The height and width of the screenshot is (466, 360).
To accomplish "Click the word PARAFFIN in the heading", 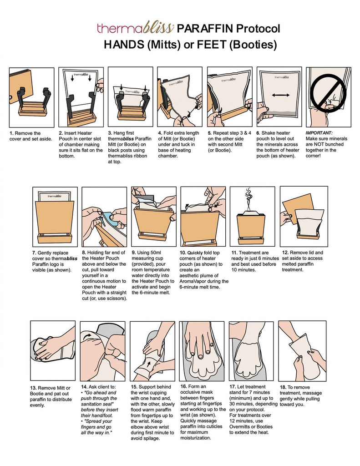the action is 205,29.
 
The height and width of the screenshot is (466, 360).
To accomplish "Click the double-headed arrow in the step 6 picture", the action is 281,95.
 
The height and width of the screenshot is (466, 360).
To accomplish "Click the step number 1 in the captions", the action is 11,133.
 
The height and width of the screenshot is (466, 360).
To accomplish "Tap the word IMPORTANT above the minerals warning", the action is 319,133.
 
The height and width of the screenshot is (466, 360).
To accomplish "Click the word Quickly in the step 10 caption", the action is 195,253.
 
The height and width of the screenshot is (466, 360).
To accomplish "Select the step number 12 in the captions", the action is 285,253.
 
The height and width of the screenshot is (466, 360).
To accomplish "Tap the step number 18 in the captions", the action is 283,387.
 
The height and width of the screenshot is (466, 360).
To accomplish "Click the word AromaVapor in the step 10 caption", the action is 193,281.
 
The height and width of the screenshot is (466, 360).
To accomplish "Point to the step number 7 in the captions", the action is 34,253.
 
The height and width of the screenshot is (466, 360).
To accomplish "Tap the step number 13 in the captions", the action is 33,388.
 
